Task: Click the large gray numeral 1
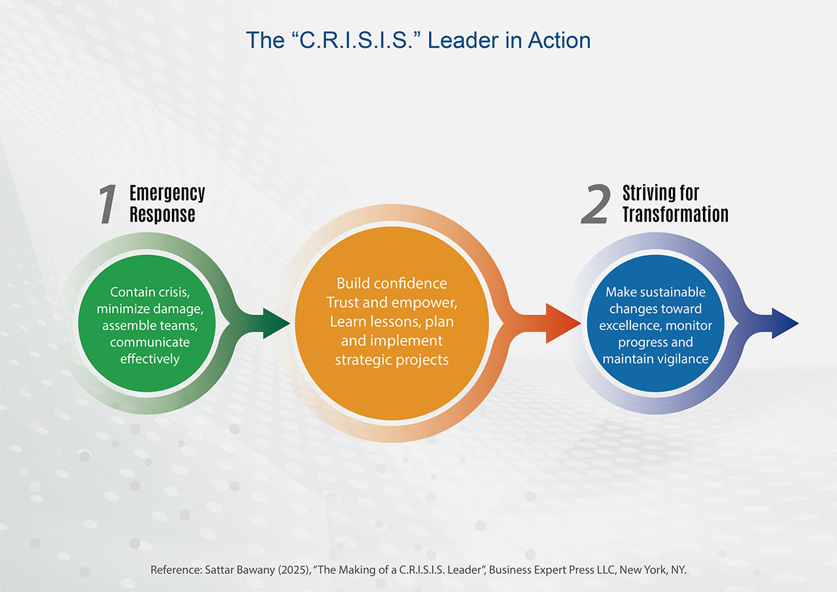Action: [x=108, y=205]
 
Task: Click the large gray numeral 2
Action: [x=596, y=204]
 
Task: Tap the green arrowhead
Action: [x=277, y=323]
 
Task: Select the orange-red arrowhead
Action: [x=563, y=323]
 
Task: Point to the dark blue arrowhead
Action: [x=785, y=323]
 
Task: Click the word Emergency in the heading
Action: [x=167, y=194]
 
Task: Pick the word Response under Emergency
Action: [x=162, y=214]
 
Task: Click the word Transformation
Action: [x=675, y=214]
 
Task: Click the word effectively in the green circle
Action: [x=150, y=358]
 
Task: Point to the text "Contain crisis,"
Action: [x=150, y=292]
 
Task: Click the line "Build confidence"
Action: [x=392, y=283]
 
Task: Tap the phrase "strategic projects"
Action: [x=392, y=360]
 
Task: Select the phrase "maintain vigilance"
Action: [x=655, y=358]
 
